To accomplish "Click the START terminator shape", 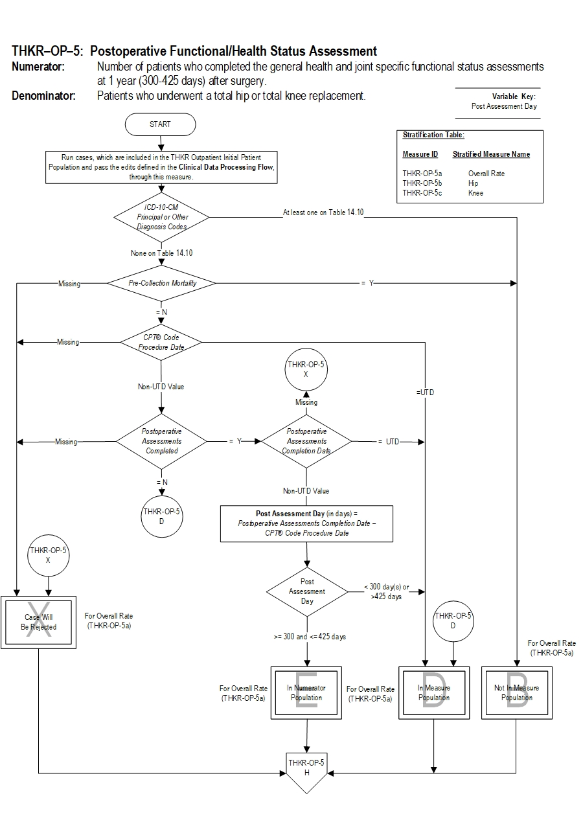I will click(x=160, y=124).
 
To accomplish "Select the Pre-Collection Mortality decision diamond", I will click(x=161, y=283).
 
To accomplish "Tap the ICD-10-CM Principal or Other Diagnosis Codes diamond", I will click(x=161, y=217).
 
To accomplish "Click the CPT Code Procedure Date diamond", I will click(x=161, y=342).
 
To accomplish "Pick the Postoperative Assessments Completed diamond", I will click(x=161, y=441).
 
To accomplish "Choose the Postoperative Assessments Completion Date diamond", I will click(x=306, y=441).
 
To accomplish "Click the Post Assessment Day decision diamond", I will click(x=307, y=591).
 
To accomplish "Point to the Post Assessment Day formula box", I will click(x=306, y=523).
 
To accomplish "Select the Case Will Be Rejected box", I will click(x=38, y=622).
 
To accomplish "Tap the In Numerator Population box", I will click(x=306, y=693).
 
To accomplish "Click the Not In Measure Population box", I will click(x=516, y=693).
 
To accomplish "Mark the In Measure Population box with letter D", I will click(x=433, y=693).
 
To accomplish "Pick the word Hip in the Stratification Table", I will click(x=473, y=183).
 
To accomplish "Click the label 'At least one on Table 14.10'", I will click(x=323, y=212).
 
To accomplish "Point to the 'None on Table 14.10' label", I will click(x=161, y=253).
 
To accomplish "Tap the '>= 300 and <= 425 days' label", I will click(x=310, y=637).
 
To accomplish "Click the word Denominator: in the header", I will click(x=43, y=96).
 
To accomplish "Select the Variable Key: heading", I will click(x=513, y=97).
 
